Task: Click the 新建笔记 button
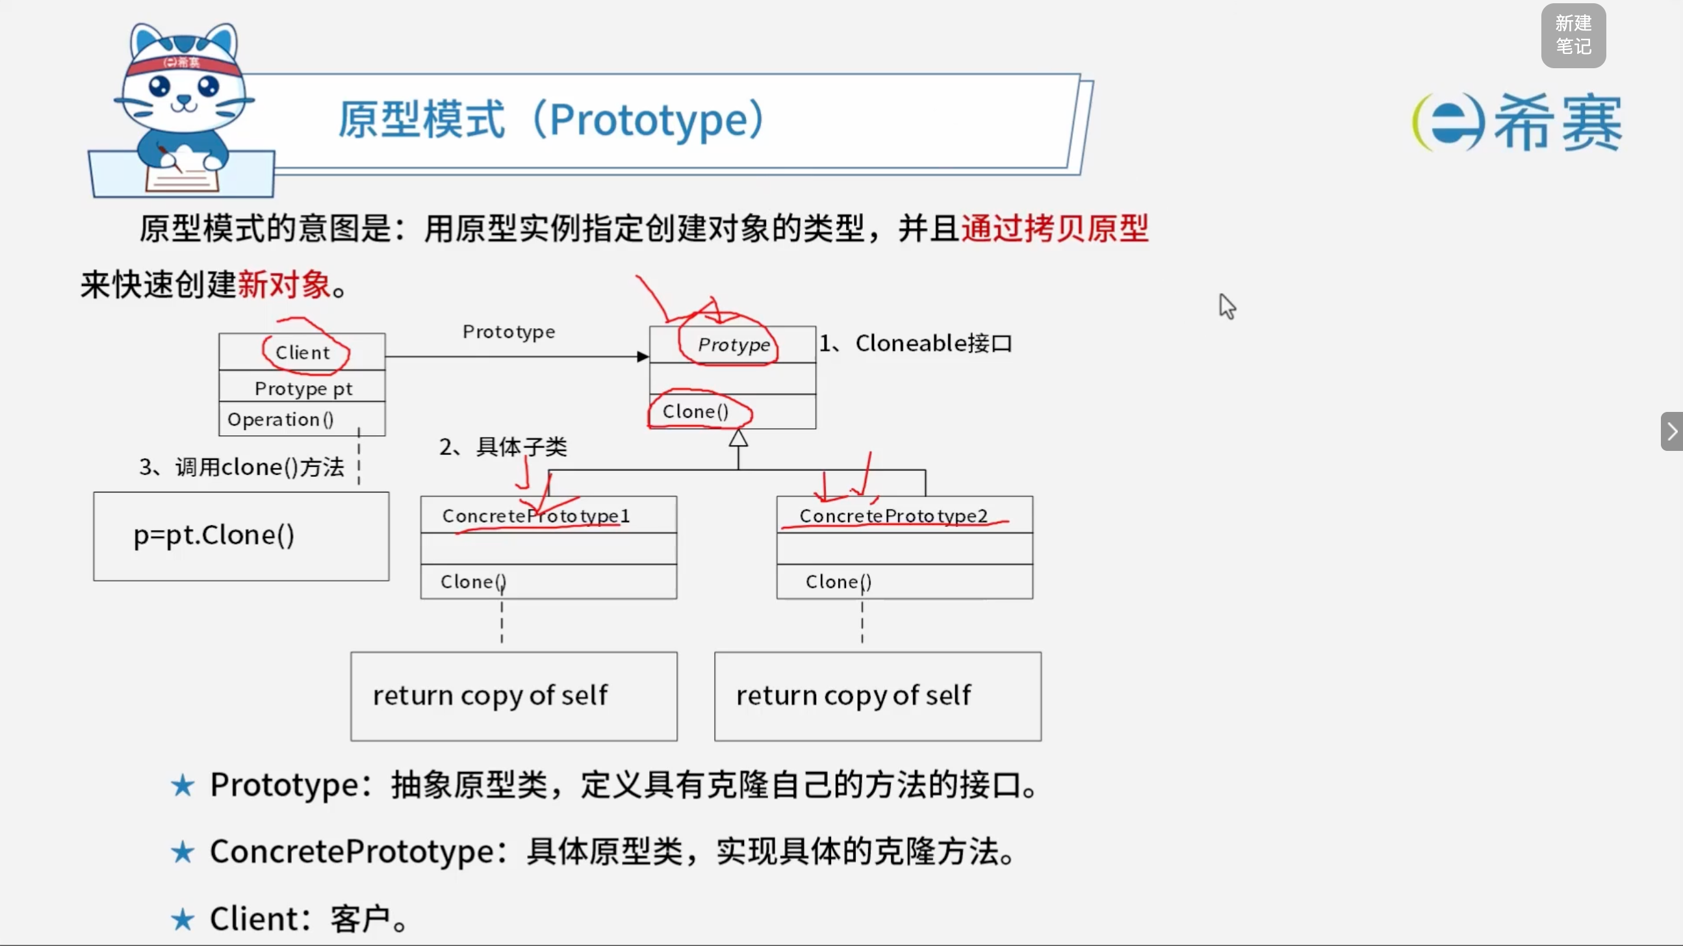(x=1573, y=35)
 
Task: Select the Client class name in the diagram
(x=303, y=353)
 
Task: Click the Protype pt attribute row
(x=303, y=389)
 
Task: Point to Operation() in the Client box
(x=280, y=420)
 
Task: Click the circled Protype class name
(x=734, y=344)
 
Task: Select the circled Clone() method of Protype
(x=695, y=411)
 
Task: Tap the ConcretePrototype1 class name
(x=535, y=516)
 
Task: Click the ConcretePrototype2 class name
(x=893, y=516)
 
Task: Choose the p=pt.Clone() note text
(x=214, y=536)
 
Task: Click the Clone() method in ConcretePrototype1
(x=473, y=582)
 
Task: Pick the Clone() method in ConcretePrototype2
(x=838, y=582)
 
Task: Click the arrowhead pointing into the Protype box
(x=643, y=357)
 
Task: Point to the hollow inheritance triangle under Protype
(x=738, y=438)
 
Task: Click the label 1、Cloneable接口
(x=916, y=343)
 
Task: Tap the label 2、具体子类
(x=503, y=447)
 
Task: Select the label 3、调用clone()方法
(x=242, y=467)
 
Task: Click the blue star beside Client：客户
(x=183, y=919)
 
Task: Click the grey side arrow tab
(x=1672, y=431)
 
